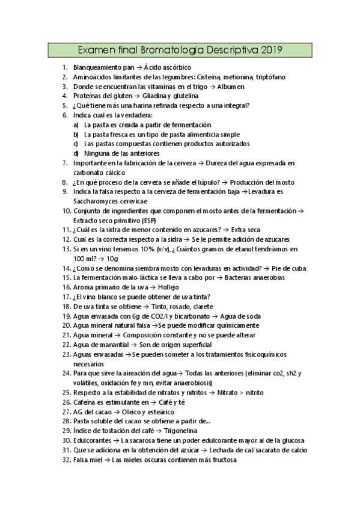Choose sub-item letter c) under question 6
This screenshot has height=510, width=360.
[76, 144]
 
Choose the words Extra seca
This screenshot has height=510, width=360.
[247, 230]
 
